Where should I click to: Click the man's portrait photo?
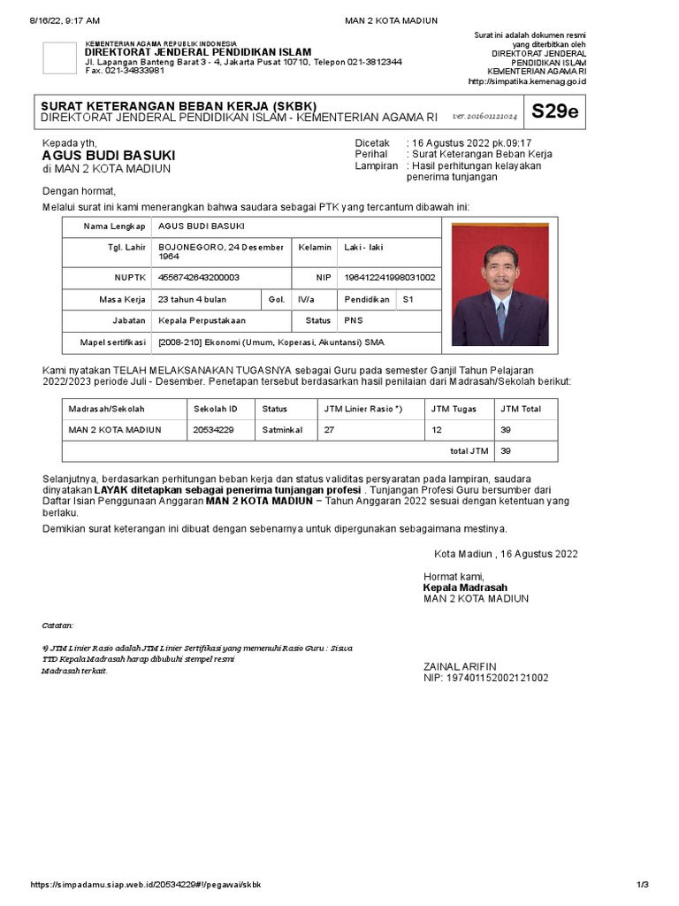[x=500, y=284]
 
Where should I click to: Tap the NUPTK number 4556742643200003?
[x=198, y=278]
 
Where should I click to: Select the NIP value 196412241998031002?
[x=389, y=278]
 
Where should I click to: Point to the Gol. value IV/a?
[x=305, y=300]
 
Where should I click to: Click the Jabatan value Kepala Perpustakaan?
[x=202, y=320]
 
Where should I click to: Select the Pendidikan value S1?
[x=408, y=300]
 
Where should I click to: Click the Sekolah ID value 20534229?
[x=213, y=430]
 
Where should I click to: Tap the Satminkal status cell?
[x=282, y=430]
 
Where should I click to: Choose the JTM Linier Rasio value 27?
[x=329, y=430]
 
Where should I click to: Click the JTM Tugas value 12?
[x=436, y=430]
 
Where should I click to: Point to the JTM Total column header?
[x=521, y=409]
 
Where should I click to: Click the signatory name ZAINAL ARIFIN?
[x=460, y=666]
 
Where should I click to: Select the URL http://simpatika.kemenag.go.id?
[x=526, y=82]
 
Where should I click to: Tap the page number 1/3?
[x=643, y=885]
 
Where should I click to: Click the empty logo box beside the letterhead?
[x=59, y=58]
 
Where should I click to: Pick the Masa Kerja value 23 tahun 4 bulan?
[x=192, y=300]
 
